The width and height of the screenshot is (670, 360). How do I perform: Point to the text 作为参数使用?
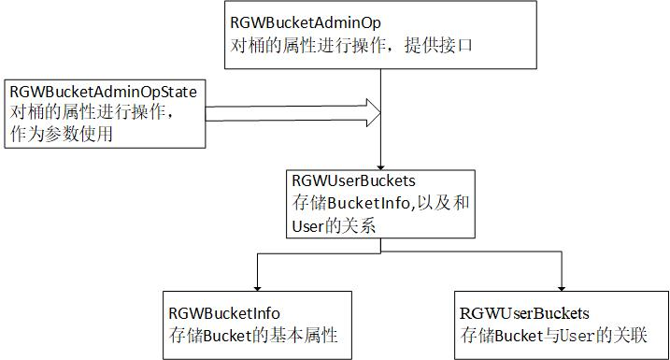pyautogui.click(x=62, y=134)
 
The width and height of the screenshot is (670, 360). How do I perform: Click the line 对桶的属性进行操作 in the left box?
pyautogui.click(x=91, y=113)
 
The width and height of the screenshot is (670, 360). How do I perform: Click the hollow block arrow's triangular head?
pyautogui.click(x=373, y=114)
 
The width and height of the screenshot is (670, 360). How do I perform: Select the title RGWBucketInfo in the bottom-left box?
pyautogui.click(x=223, y=314)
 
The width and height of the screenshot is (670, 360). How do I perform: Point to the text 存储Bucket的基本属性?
pyautogui.click(x=251, y=336)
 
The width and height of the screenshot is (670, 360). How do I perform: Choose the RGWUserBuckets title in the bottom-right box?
pyautogui.click(x=525, y=313)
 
